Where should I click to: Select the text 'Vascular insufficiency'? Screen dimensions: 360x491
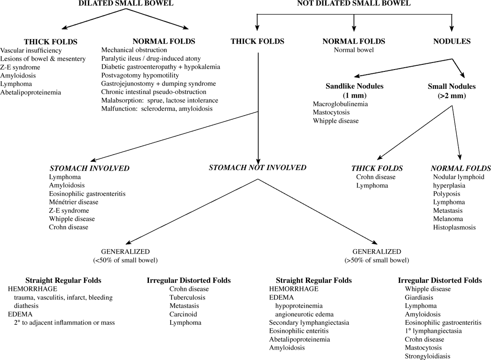[31, 50]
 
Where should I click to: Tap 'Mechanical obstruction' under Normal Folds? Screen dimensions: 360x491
[134, 50]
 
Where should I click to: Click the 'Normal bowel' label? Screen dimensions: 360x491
[354, 50]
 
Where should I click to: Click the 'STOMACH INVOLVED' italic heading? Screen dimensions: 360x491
[89, 168]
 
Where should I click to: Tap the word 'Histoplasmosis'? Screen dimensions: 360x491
[454, 227]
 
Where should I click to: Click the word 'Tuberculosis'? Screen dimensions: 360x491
[187, 297]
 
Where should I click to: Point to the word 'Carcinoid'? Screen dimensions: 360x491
[183, 314]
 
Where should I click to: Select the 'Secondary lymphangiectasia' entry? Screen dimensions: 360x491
[309, 322]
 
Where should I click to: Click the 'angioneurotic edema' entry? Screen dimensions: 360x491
[305, 314]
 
